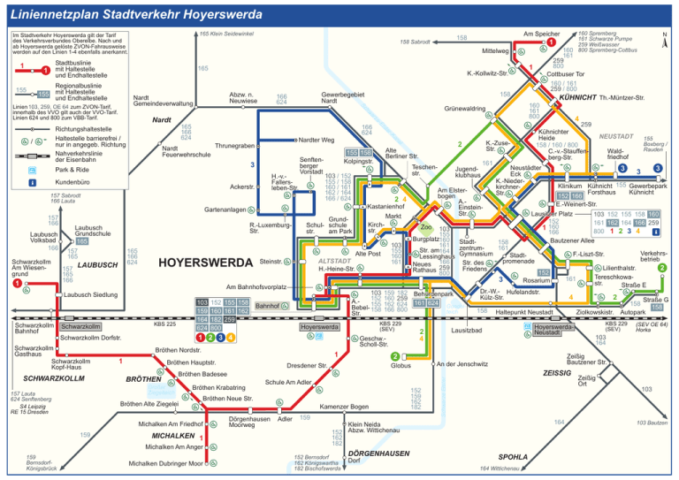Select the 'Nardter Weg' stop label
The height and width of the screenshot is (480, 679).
coord(316,141)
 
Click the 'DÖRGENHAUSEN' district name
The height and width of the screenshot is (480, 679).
coord(378,453)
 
